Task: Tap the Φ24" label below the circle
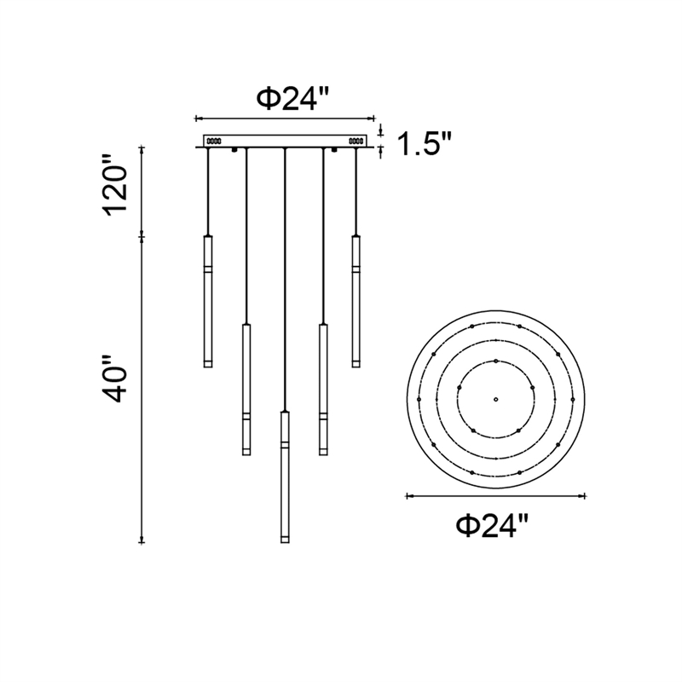tap(492, 525)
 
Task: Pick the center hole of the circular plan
tap(495, 399)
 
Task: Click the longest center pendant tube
tap(285, 477)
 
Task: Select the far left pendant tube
tap(208, 302)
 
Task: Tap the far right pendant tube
tap(356, 302)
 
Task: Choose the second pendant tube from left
tap(246, 390)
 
